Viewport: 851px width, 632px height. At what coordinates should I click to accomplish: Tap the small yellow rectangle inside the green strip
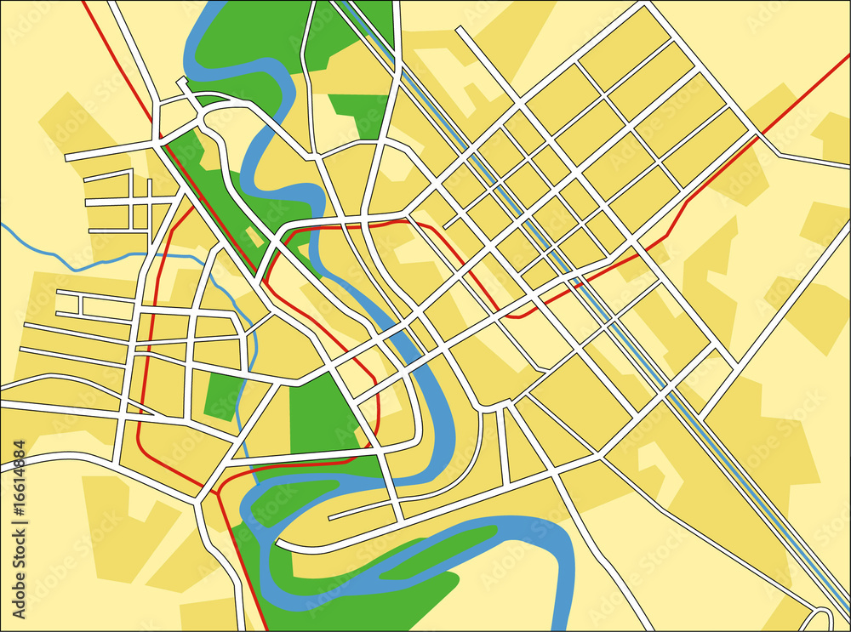coord(254,237)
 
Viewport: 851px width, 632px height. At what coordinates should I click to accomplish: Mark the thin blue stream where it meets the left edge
coord(3,226)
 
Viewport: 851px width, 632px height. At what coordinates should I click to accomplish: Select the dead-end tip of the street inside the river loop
coord(330,516)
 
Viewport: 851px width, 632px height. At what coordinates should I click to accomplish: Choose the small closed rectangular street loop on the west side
coord(69,304)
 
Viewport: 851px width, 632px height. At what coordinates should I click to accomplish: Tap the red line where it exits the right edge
coord(848,56)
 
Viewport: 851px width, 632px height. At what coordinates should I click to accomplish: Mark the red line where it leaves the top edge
coord(83,3)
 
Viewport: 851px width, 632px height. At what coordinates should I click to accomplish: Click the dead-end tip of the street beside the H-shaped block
coord(459,30)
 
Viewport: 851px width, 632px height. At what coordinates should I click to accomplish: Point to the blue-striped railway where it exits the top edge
coord(340,3)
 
